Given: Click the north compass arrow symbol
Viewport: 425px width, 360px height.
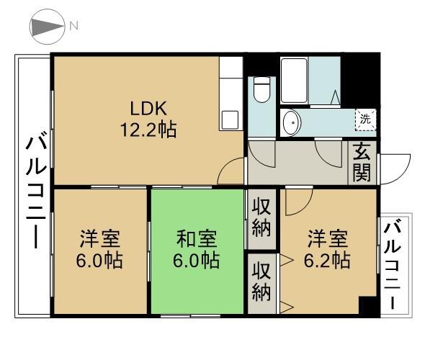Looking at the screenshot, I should (47, 27).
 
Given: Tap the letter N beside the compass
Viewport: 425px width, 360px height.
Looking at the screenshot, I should (73, 27).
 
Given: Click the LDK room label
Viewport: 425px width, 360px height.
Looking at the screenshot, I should (148, 109).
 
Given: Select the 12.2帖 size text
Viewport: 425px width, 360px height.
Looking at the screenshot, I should (148, 130).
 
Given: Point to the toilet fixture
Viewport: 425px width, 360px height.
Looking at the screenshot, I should (260, 91).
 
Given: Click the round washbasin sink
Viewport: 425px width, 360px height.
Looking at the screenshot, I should (292, 123).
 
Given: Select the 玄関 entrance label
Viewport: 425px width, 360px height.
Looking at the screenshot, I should (362, 163).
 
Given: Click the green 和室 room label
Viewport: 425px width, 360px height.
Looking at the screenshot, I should (197, 238).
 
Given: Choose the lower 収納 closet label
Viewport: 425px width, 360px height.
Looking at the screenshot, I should (261, 283).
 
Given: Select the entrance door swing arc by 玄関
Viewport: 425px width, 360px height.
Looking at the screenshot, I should (393, 167).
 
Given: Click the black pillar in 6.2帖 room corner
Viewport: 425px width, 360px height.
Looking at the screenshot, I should (368, 305).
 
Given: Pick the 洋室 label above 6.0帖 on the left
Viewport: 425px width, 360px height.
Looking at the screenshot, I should (100, 238).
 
